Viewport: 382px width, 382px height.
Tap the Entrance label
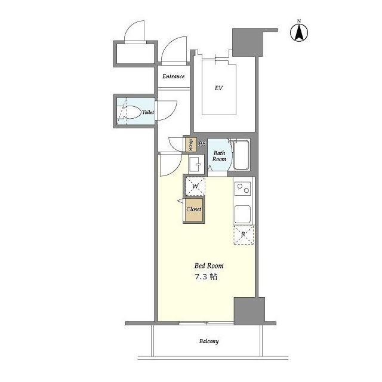point(174,76)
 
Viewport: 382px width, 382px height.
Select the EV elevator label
point(218,88)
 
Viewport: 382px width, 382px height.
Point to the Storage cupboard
point(191,144)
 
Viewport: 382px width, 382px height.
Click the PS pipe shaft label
point(202,144)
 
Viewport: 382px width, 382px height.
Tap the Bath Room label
point(219,156)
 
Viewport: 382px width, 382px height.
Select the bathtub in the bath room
point(241,155)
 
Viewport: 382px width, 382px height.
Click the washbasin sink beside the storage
point(196,164)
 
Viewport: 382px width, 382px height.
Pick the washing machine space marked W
point(195,186)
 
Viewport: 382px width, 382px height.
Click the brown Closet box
point(194,210)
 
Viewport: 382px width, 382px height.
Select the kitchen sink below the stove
point(243,214)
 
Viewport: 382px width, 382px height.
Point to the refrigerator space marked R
point(244,235)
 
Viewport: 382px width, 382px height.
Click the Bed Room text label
point(209,266)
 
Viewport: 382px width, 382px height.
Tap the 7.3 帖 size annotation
point(206,277)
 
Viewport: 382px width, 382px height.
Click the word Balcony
point(209,341)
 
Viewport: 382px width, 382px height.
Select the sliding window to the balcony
point(207,324)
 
